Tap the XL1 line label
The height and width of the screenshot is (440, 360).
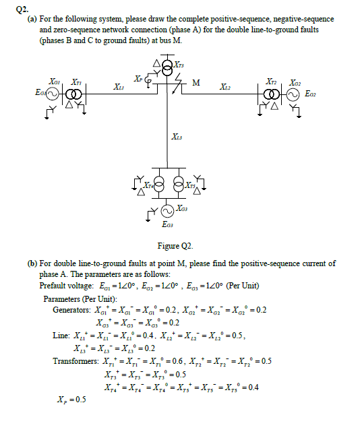119,87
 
